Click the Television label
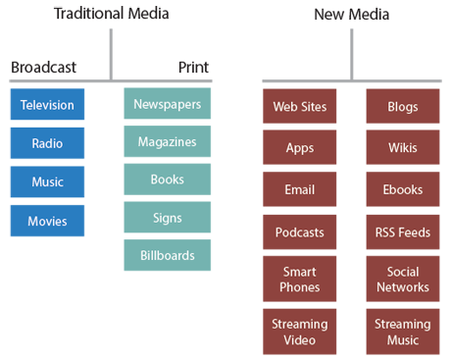(x=47, y=105)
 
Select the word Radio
(x=47, y=143)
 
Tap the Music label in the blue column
(x=47, y=182)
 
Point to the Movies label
(x=47, y=221)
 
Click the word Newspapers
(x=167, y=104)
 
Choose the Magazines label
(x=167, y=142)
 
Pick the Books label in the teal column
(x=167, y=180)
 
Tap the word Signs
(x=167, y=218)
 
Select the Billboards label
(x=167, y=256)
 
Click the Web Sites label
(x=299, y=106)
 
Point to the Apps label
(x=299, y=148)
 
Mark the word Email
(x=299, y=189)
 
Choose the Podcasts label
(x=299, y=232)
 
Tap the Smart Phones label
(x=299, y=280)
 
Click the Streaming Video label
(x=299, y=332)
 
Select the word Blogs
(x=402, y=106)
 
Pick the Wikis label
(x=402, y=148)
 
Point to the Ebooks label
(x=402, y=189)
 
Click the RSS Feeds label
(x=402, y=232)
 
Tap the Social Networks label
(x=402, y=280)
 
